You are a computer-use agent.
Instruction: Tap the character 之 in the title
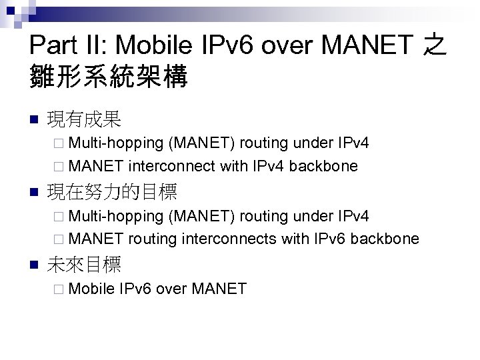435,45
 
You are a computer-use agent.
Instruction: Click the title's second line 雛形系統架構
109,77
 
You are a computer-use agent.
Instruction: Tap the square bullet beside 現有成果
35,121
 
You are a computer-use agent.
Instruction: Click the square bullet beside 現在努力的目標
35,193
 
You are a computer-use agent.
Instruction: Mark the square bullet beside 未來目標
35,266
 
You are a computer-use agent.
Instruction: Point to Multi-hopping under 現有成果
116,143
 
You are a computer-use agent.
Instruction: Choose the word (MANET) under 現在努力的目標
202,215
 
